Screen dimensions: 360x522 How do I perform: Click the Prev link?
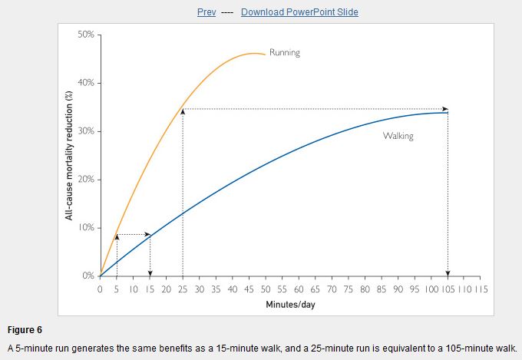(206, 12)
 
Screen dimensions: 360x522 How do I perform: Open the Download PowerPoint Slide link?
(299, 12)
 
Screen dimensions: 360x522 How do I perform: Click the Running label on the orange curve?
(285, 53)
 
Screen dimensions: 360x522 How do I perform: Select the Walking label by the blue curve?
(398, 136)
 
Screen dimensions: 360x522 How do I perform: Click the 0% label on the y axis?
(88, 276)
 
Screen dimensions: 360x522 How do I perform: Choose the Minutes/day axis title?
(290, 304)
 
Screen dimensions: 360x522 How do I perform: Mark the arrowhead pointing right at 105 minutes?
(444, 109)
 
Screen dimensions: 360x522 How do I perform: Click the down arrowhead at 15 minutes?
(150, 272)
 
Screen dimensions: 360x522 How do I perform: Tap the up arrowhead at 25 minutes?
(183, 112)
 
